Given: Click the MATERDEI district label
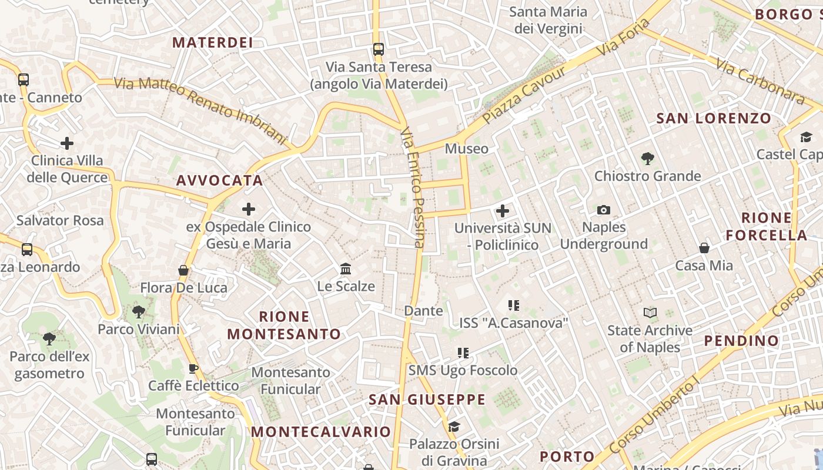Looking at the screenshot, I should coord(213,42).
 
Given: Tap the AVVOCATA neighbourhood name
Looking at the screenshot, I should coord(220,180).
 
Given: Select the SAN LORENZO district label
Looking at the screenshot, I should coord(713,118).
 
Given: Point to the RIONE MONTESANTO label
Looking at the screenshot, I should coord(284,325).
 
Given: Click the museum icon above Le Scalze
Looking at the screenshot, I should coord(346,269).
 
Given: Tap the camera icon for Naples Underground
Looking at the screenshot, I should coord(603,210).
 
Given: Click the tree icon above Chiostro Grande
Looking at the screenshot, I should coord(647,158).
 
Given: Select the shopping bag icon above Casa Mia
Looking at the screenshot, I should coord(704,248).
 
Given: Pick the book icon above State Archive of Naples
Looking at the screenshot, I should coord(650,313).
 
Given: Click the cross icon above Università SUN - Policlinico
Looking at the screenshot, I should coord(503,210).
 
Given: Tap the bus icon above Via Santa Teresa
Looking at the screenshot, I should coord(379,49).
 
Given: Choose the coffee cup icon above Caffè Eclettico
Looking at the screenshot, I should coord(193,368).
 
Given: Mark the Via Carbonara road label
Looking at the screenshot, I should coord(760,81).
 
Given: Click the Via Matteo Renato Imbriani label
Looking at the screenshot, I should coord(200,110).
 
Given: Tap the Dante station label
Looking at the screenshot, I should coord(423,311).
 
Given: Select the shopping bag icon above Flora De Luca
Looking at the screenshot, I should coord(183,270).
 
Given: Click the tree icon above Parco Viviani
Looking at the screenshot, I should coord(139,311).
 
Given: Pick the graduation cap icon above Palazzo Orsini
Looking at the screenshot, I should coord(454,426).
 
